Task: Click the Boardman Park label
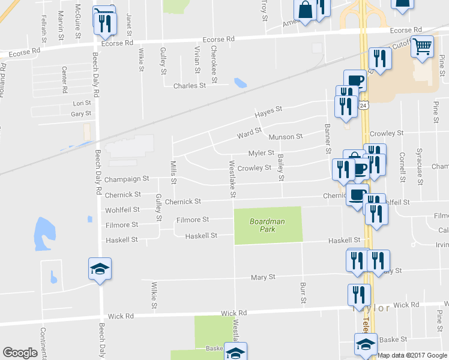pos(267,226)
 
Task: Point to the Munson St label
pos(285,137)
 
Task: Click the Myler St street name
pos(261,153)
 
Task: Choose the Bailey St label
pos(280,167)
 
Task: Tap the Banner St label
pos(328,137)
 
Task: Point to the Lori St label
pos(81,103)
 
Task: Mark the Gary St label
pos(80,113)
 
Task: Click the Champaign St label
pos(126,179)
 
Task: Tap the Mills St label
pos(173,172)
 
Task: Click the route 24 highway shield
pos(363,105)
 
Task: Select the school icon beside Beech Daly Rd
pos(100,267)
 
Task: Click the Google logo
pos(20,353)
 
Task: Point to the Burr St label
pos(303,290)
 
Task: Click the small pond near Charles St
pos(241,82)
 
